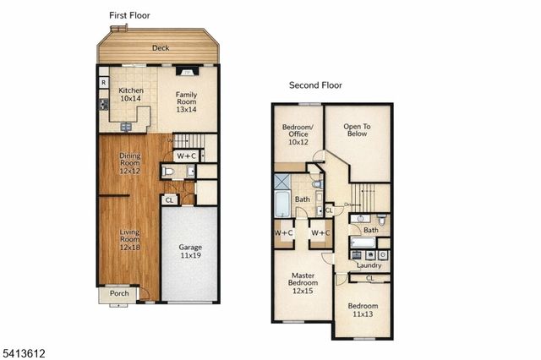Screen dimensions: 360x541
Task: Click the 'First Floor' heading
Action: click(x=129, y=15)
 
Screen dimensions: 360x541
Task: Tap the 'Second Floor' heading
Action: click(x=315, y=85)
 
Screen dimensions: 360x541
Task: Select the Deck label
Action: click(x=161, y=48)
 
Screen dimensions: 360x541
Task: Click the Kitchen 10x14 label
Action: click(x=131, y=95)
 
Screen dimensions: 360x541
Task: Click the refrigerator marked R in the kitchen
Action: click(x=103, y=83)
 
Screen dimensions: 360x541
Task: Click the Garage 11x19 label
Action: click(x=190, y=252)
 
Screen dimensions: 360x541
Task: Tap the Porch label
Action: click(x=119, y=294)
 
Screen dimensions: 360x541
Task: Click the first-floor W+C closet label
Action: click(x=186, y=155)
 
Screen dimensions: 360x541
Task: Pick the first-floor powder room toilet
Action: click(x=169, y=172)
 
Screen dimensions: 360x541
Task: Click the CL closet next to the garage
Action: click(x=169, y=200)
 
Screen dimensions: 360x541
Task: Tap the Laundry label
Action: click(x=369, y=265)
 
